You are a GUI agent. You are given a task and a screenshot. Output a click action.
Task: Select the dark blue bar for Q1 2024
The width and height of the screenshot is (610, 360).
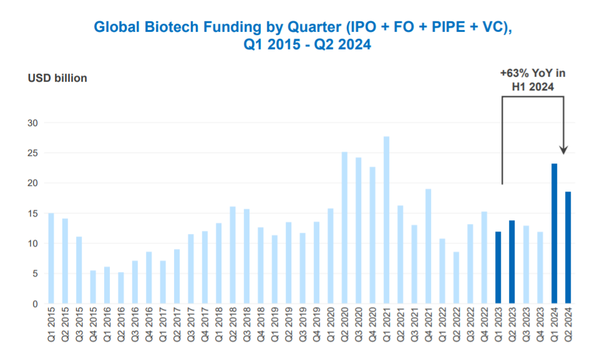click(x=554, y=234)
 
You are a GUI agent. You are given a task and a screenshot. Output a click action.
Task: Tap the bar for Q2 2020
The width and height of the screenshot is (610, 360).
click(x=345, y=228)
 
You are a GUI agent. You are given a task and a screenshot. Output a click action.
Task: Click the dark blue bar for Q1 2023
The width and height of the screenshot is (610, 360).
click(x=498, y=268)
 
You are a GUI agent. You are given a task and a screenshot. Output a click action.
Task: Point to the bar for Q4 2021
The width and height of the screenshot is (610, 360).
click(x=428, y=246)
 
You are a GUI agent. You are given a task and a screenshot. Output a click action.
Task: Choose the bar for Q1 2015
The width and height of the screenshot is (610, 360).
click(x=51, y=258)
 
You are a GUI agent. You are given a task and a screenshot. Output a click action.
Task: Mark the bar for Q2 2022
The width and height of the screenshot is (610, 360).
click(x=457, y=278)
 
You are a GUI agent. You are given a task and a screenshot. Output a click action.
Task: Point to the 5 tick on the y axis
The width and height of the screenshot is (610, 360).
click(x=36, y=274)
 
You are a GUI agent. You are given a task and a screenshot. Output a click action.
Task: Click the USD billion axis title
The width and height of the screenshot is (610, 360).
click(x=57, y=78)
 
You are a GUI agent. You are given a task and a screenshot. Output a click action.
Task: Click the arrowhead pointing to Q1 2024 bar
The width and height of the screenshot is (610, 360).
click(x=563, y=149)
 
